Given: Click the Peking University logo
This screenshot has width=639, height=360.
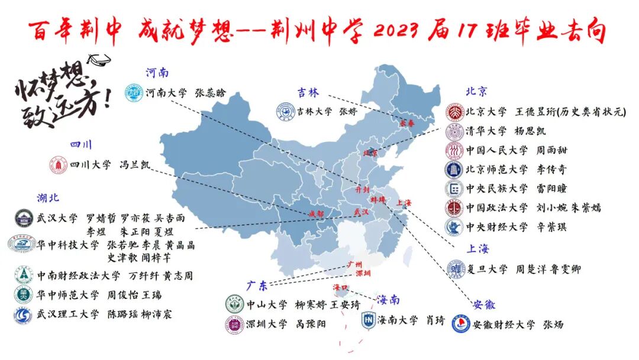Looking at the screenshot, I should (x=454, y=111).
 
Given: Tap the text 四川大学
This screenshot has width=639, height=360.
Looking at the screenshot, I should (x=90, y=165).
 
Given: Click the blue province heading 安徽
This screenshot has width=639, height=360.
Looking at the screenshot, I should (x=484, y=305).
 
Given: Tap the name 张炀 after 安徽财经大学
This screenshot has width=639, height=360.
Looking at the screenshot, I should (x=554, y=324).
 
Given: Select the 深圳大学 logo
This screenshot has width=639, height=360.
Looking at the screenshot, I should (x=234, y=324).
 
